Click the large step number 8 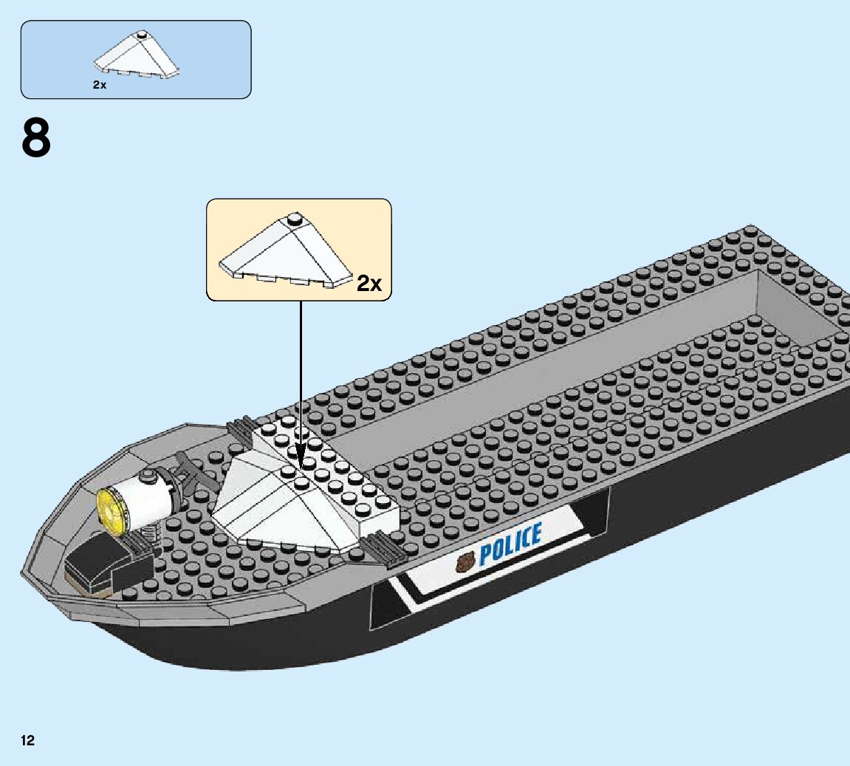36,138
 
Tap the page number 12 28,740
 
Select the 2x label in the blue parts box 100,85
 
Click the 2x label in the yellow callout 369,283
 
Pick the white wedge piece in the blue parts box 137,57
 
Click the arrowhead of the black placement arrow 301,458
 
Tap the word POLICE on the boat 510,544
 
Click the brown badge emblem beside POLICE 466,564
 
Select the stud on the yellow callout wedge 295,218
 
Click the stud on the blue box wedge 140,35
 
